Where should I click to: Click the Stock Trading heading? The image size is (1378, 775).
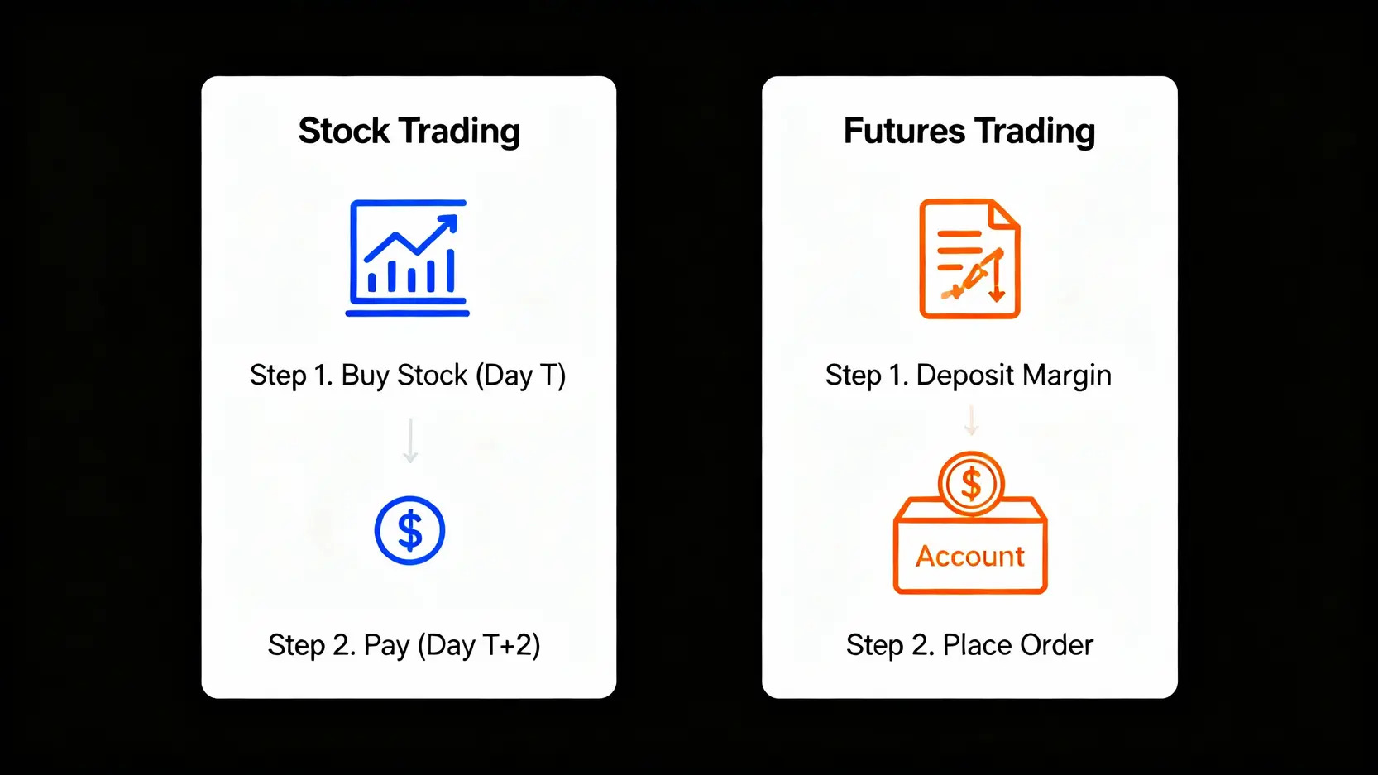coord(409,131)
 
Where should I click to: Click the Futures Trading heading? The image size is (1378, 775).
coord(969,131)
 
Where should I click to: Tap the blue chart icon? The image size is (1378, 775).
coord(407,258)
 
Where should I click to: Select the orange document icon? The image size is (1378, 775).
coord(969,258)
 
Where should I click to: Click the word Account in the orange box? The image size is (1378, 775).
coord(970,557)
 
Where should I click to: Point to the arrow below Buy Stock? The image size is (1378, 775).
coord(410,440)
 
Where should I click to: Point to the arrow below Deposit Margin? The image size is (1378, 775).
coord(971,420)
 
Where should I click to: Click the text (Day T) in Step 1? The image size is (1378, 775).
coord(520,376)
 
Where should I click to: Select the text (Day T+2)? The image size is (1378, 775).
coord(479,645)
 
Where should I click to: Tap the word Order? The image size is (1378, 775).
coord(1056,645)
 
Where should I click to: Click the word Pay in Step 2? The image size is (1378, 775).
coord(386,646)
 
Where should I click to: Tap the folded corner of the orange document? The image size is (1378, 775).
coord(1002,215)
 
